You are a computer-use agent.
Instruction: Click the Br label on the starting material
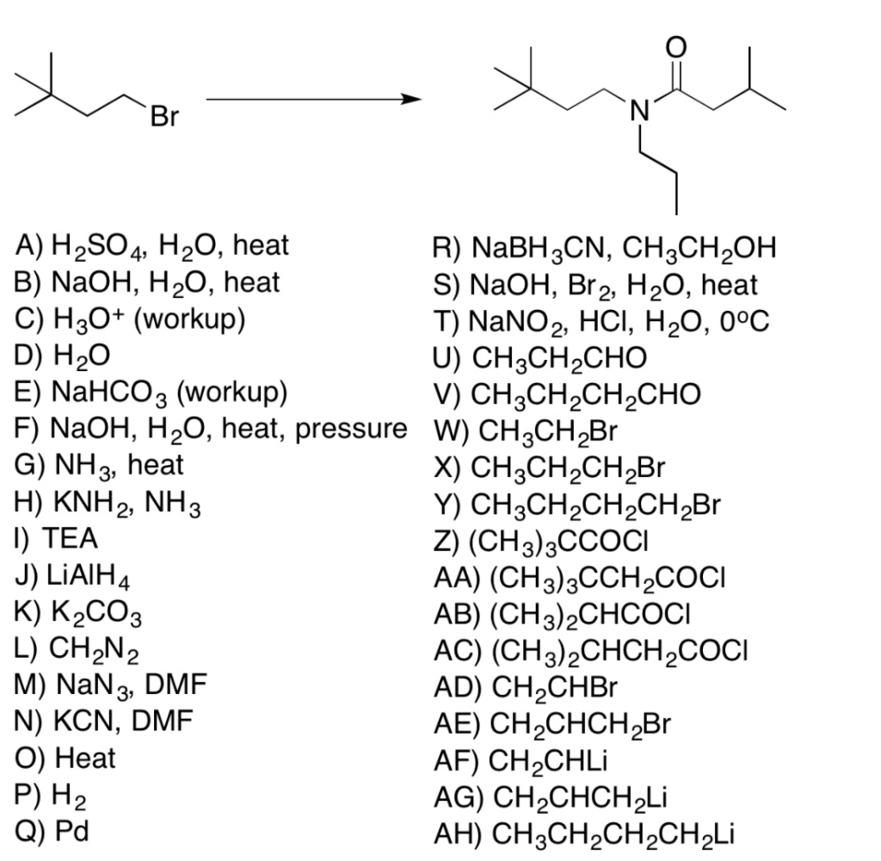164,116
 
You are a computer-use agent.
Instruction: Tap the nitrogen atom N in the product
638,110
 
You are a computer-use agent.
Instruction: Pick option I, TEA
57,538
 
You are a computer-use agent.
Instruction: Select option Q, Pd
52,833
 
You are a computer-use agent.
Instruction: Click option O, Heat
65,759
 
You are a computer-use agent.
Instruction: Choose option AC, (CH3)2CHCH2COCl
603,651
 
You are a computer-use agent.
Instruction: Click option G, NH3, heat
100,466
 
